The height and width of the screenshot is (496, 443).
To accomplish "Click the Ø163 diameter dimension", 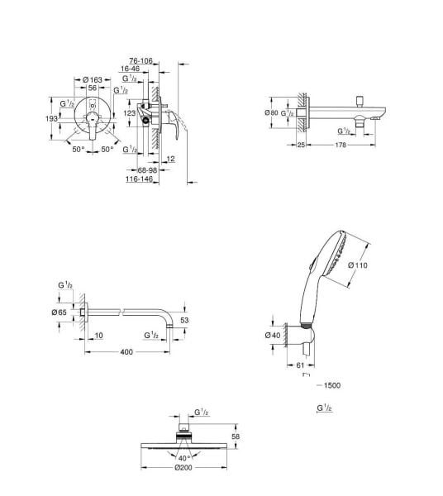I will pyautogui.click(x=93, y=79).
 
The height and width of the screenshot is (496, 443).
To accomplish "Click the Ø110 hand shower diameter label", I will pyautogui.click(x=357, y=265).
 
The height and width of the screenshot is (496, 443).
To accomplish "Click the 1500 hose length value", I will pyautogui.click(x=331, y=385).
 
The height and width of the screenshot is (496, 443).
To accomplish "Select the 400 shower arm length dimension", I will pyautogui.click(x=126, y=352).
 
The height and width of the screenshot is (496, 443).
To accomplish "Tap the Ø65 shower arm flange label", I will pyautogui.click(x=59, y=312).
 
